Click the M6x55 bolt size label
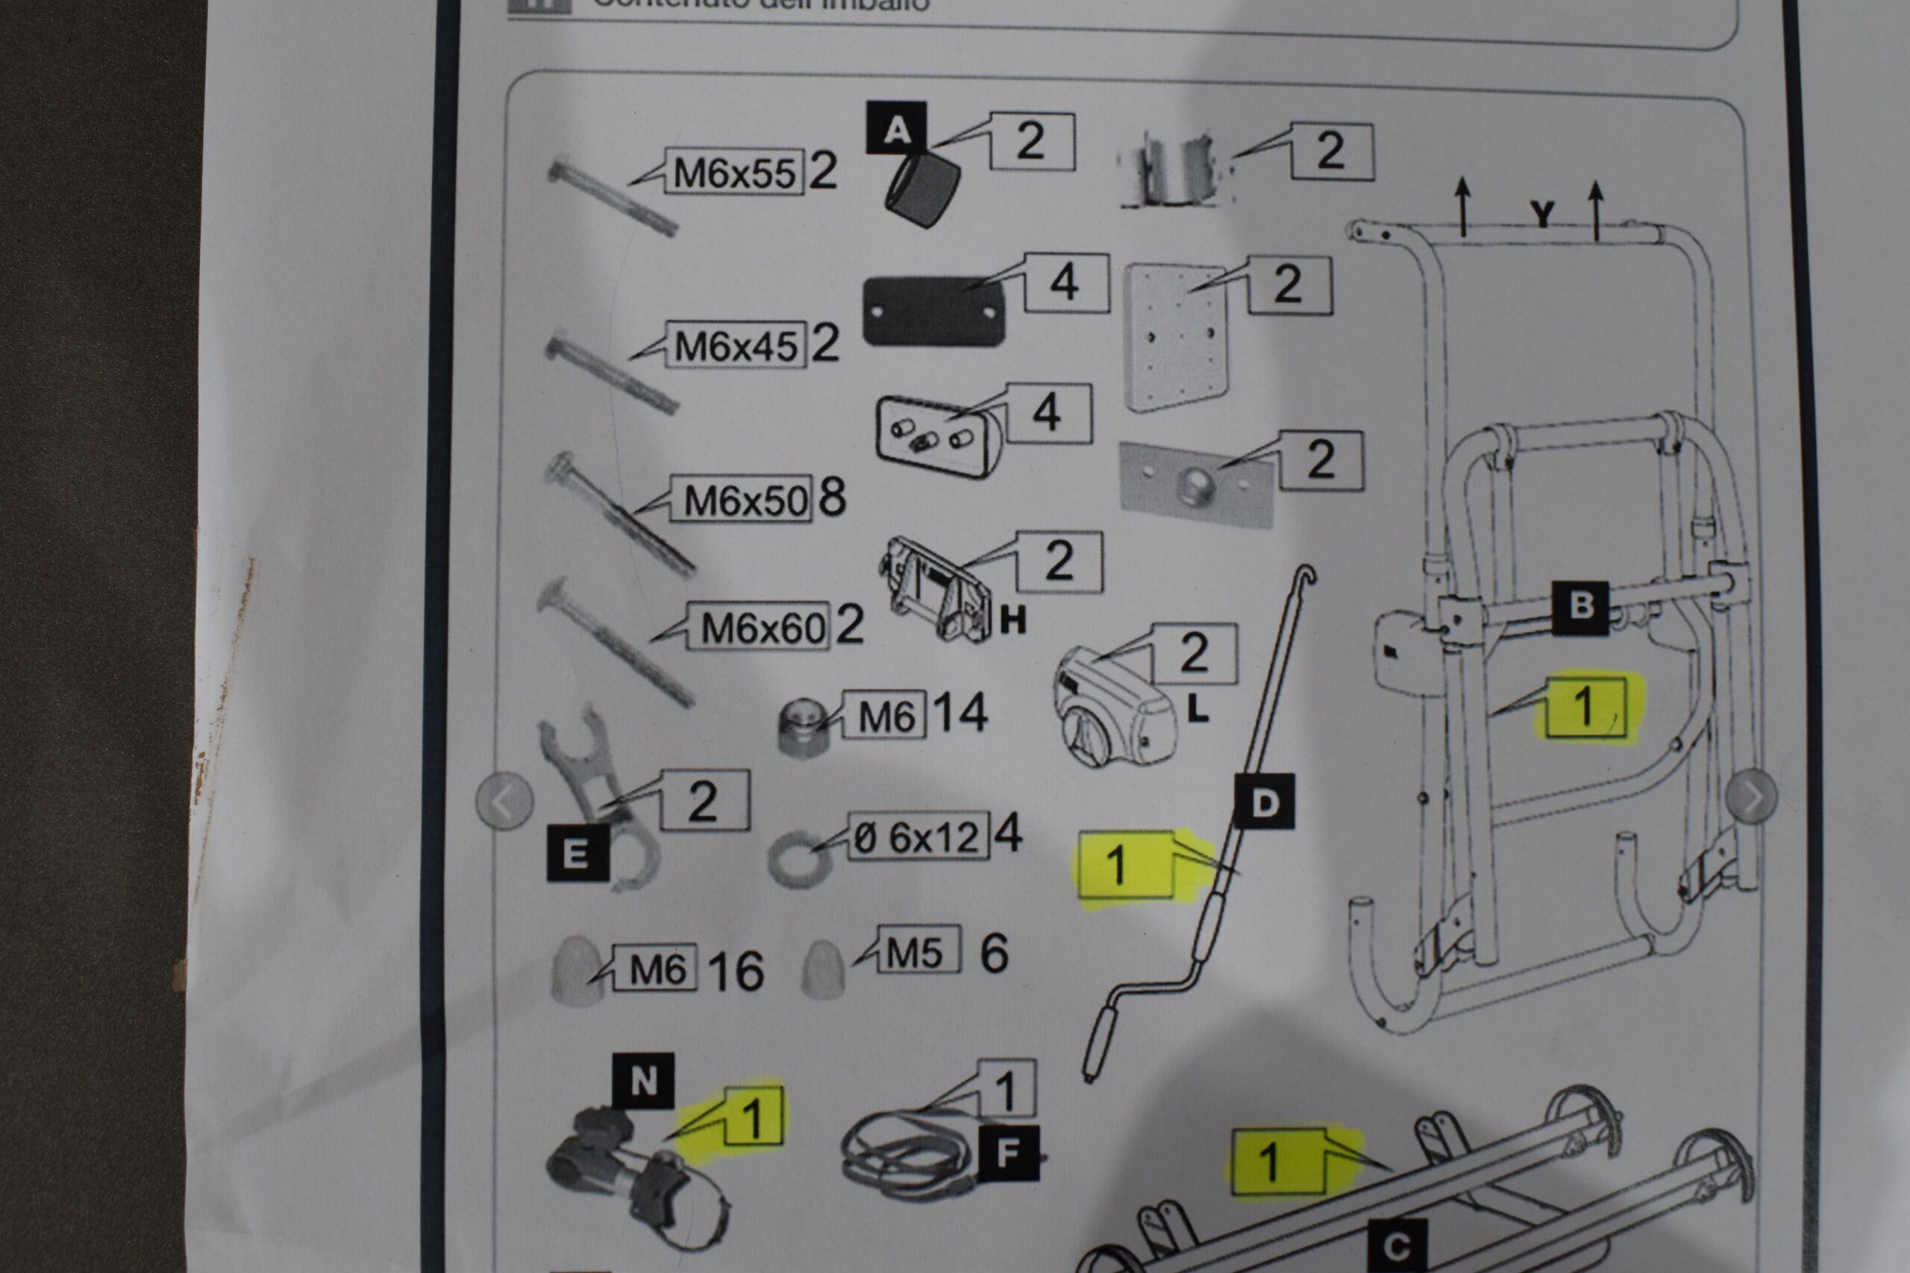click(x=734, y=172)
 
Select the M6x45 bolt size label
click(x=736, y=346)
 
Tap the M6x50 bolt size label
click(x=745, y=500)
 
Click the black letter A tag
click(x=896, y=128)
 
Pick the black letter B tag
click(x=1580, y=606)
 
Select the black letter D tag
click(x=1264, y=802)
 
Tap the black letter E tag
click(x=577, y=853)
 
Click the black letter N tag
click(x=643, y=1081)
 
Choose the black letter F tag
click(x=1008, y=1153)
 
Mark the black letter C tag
click(x=1397, y=1246)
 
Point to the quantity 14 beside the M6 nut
click(x=960, y=713)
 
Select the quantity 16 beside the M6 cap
click(x=736, y=970)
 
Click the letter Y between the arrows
click(x=1542, y=214)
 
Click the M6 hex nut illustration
click(x=802, y=729)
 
